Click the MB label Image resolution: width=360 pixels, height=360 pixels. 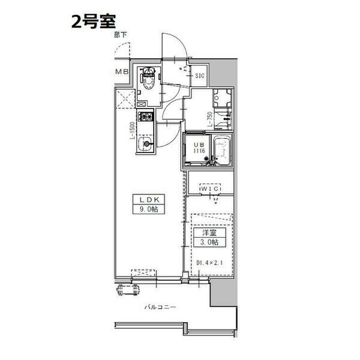tap(122, 73)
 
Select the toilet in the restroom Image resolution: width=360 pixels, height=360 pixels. tap(148, 79)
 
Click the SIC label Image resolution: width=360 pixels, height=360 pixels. tap(200, 76)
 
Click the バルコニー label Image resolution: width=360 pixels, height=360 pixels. tap(160, 307)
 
